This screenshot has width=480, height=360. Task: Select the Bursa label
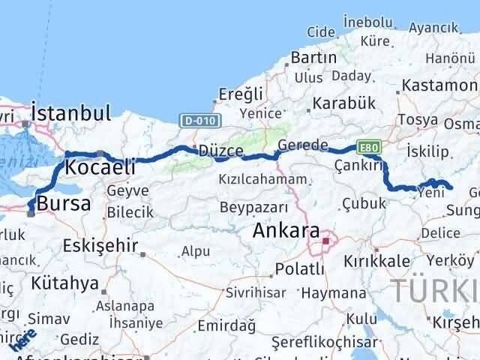point(64,202)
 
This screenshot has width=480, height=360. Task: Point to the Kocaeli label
point(100,167)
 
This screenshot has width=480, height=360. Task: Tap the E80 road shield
point(367,147)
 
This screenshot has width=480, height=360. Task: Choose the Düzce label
point(220,151)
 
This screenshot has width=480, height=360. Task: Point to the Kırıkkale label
point(377,260)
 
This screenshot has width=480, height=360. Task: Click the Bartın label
point(313,57)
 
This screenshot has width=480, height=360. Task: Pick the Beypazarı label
point(254,206)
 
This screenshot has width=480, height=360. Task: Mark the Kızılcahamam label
point(262,179)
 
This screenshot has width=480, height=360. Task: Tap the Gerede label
point(303,145)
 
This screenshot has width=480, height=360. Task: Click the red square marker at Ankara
point(325,241)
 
